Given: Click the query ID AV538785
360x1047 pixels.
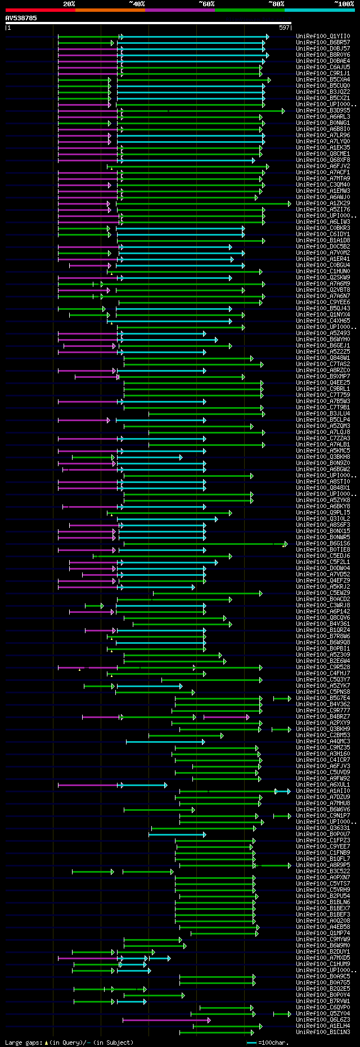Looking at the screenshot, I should [21, 18].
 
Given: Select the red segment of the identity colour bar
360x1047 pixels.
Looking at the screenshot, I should [40, 10].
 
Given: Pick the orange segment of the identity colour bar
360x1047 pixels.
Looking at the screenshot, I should [110, 10].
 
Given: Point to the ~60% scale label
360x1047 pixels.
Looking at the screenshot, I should [206, 4].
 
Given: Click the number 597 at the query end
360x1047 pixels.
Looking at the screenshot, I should [284, 27].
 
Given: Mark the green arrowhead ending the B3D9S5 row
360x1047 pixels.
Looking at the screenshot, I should [283, 111].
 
